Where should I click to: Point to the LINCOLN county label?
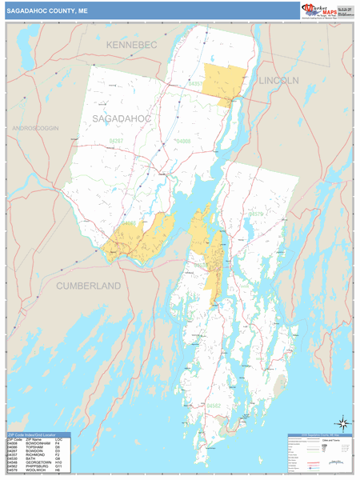(278, 81)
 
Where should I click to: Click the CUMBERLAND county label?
(88, 285)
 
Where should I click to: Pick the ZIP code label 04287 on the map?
(116, 141)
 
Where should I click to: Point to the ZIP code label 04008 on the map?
(184, 141)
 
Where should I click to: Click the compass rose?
(342, 422)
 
